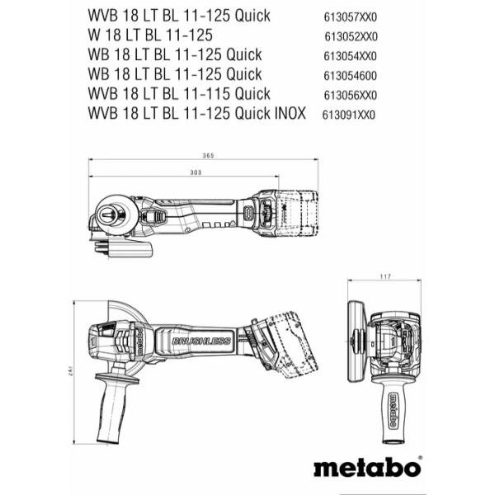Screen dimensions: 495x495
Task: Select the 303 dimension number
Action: pyautogui.click(x=196, y=172)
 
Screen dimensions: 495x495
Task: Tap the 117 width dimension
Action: pyautogui.click(x=384, y=276)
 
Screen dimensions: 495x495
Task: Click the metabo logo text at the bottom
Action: pyautogui.click(x=365, y=467)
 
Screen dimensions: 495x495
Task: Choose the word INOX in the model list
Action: pyautogui.click(x=286, y=114)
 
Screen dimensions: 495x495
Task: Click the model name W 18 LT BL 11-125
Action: pyautogui.click(x=149, y=35)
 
